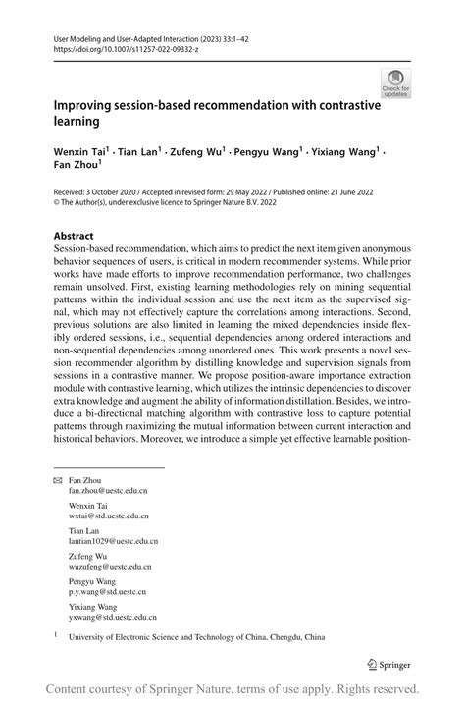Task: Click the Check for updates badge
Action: click(x=396, y=82)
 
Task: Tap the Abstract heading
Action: click(x=74, y=237)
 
